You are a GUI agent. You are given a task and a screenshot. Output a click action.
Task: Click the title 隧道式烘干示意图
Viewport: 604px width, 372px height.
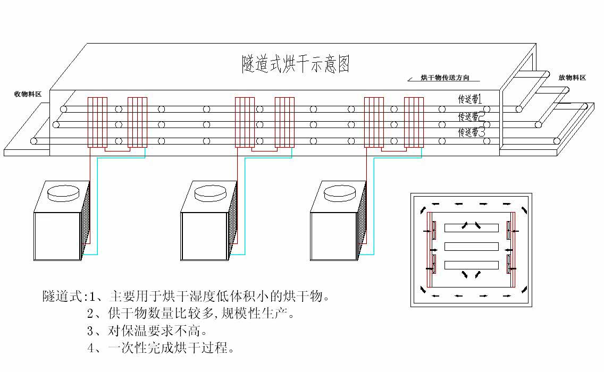tap(296, 64)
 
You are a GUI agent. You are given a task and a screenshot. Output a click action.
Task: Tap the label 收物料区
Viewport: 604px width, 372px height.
tap(28, 94)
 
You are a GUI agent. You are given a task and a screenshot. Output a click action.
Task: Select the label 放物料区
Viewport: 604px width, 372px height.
tap(572, 78)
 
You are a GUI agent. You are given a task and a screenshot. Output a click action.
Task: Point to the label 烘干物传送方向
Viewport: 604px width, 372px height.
tap(445, 78)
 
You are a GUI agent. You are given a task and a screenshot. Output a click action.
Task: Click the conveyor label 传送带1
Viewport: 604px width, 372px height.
tap(469, 99)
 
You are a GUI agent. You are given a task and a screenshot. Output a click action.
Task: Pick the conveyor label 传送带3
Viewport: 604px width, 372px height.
tap(471, 132)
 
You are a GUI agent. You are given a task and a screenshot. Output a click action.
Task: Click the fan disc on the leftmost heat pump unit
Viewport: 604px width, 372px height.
tap(63, 193)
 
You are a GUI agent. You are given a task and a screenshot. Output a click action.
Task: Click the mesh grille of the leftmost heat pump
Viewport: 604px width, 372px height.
tap(86, 219)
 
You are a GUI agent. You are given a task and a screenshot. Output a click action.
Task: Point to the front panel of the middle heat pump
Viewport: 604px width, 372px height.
tap(205, 236)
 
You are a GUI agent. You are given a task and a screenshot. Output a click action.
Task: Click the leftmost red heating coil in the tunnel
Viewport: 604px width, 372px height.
tap(97, 122)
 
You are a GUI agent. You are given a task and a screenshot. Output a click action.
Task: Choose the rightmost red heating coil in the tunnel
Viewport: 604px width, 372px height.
tap(414, 122)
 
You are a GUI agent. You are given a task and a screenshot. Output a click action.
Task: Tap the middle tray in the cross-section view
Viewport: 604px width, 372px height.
tap(472, 247)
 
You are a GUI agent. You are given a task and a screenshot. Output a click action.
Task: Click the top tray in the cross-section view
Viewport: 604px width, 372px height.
tap(472, 228)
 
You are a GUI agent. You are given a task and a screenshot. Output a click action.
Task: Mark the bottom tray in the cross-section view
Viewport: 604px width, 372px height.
tap(472, 265)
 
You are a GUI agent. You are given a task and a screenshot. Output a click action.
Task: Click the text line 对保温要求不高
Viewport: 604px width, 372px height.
tap(147, 331)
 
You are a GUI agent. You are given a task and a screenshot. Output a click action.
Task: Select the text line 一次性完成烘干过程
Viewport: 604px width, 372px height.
tap(161, 348)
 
